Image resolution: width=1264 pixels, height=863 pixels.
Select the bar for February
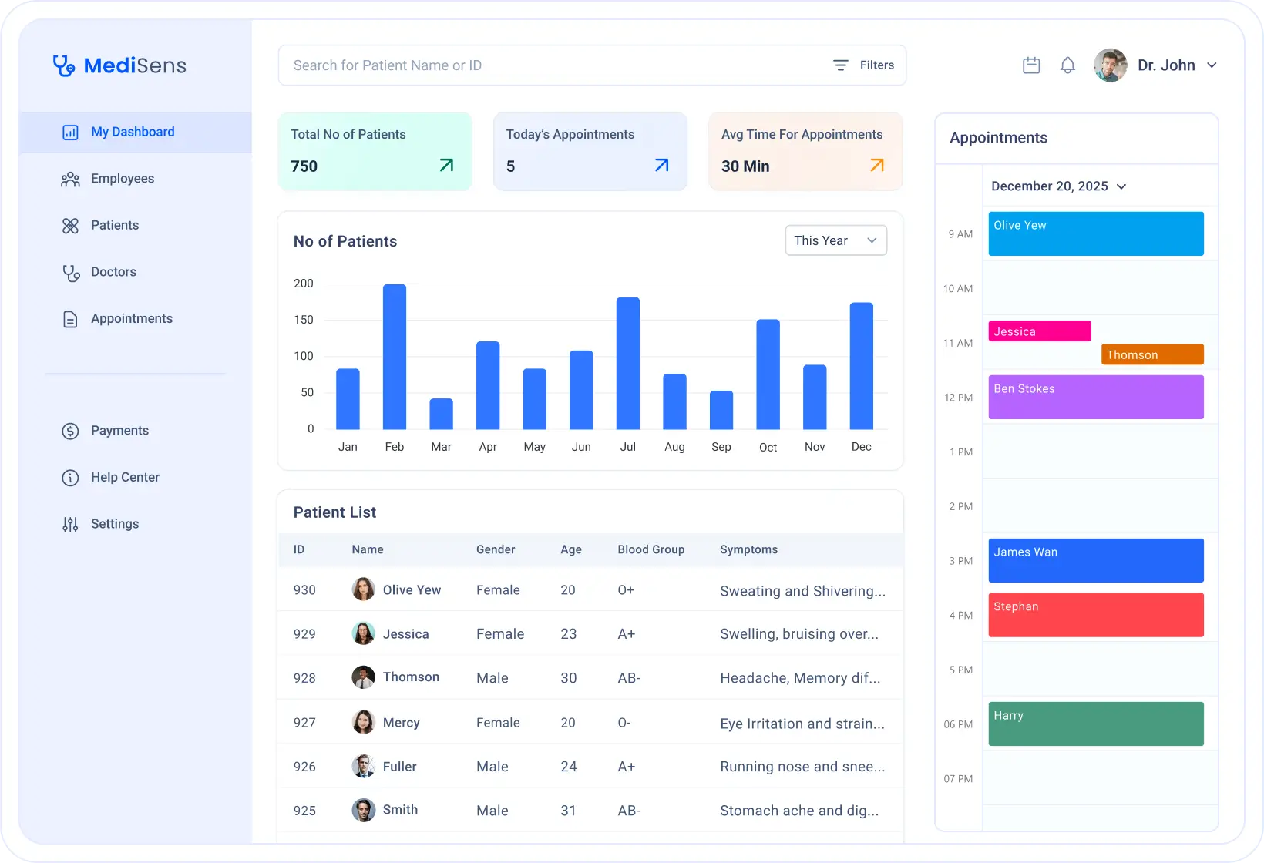click(x=394, y=357)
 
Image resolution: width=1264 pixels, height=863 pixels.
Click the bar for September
click(x=721, y=410)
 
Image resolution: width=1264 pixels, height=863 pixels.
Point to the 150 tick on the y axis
click(x=304, y=320)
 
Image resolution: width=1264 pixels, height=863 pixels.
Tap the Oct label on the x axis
click(x=768, y=448)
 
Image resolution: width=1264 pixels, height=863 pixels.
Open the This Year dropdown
click(x=835, y=240)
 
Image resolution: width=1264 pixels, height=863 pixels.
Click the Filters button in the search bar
click(x=864, y=65)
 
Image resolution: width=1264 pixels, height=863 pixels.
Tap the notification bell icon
click(x=1067, y=65)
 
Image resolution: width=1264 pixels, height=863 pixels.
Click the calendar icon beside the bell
click(x=1031, y=65)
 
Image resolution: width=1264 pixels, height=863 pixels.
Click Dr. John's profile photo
click(x=1110, y=65)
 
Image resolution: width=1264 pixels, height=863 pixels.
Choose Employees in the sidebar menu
click(x=122, y=179)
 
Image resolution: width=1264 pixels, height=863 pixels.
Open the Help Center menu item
click(x=125, y=478)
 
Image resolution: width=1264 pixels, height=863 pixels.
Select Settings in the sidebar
click(x=115, y=524)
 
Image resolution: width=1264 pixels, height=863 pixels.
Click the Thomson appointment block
click(x=1152, y=354)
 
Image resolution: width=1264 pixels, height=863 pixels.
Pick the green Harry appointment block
click(x=1095, y=724)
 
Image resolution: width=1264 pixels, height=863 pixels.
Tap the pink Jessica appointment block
click(x=1039, y=331)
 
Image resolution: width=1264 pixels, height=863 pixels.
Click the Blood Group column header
click(x=650, y=549)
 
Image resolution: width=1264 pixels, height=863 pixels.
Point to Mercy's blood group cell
click(x=624, y=723)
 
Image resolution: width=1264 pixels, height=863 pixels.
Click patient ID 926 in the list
click(x=304, y=767)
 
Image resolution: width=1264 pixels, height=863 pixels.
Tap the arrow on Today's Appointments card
click(x=661, y=165)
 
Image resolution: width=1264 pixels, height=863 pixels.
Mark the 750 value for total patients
click(x=304, y=166)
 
